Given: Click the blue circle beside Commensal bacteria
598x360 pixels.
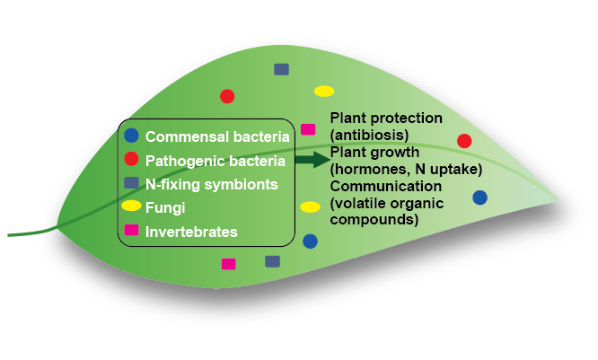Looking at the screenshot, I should coord(131,136).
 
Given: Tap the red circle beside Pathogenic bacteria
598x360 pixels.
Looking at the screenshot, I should coord(131,160).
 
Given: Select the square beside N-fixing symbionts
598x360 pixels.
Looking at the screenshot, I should coord(131,183).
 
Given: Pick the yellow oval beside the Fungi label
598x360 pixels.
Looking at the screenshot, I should coord(132,207).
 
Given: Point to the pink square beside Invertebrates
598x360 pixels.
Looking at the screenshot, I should coord(131,231).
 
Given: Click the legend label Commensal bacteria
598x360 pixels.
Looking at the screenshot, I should coord(217,137).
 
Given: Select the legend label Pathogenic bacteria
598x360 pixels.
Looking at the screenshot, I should coord(215,162).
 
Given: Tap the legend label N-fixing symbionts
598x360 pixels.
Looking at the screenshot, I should coord(212,185).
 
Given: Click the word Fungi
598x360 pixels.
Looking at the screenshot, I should coord(163,208).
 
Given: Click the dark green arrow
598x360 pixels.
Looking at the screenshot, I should coord(312,160).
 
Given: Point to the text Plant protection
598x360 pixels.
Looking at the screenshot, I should coord(386,119).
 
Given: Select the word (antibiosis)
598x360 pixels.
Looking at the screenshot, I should coord(364,135).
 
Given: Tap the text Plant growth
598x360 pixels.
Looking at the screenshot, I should coord(374,152).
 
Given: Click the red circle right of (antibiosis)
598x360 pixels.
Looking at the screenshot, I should coord(464,141).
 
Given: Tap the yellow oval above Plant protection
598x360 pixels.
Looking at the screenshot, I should coord(324,91).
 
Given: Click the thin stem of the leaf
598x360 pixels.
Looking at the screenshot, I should coord(31,234).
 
